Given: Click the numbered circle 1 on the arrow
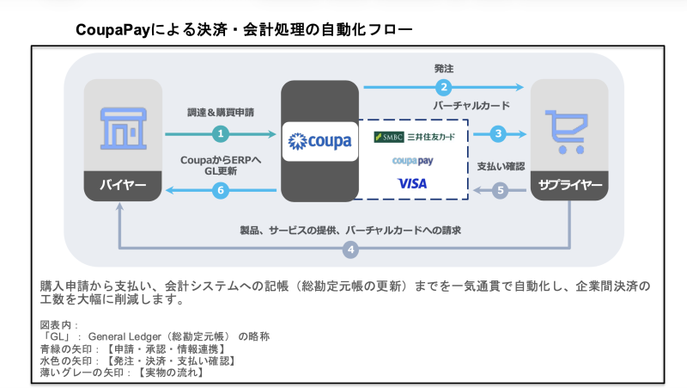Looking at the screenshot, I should [x=221, y=134].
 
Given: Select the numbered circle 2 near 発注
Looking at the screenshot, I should [x=444, y=86].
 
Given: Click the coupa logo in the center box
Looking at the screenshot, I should [x=320, y=140].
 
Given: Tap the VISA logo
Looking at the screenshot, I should [x=412, y=183].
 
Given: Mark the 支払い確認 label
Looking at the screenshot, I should [x=501, y=165].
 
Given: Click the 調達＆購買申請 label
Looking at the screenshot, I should [x=221, y=112].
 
